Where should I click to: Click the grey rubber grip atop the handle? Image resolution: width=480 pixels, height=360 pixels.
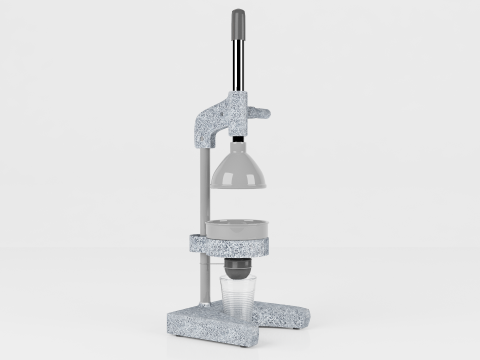[238, 21]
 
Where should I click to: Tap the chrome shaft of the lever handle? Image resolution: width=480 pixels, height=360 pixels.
[238, 65]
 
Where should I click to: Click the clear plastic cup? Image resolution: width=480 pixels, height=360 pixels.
[238, 300]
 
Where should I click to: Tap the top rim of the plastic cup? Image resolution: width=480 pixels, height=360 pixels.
[238, 279]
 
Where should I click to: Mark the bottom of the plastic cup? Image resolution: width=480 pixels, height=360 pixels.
[238, 321]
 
